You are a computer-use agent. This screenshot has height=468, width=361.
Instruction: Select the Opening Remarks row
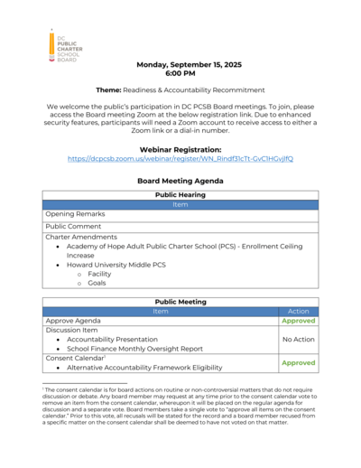point(76,214)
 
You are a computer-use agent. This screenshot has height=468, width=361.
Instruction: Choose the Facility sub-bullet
point(99,274)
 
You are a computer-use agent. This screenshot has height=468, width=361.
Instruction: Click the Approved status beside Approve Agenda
point(298,321)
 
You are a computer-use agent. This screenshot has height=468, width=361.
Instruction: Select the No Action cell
point(298,340)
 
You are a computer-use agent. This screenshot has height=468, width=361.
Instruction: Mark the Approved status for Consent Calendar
point(298,362)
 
